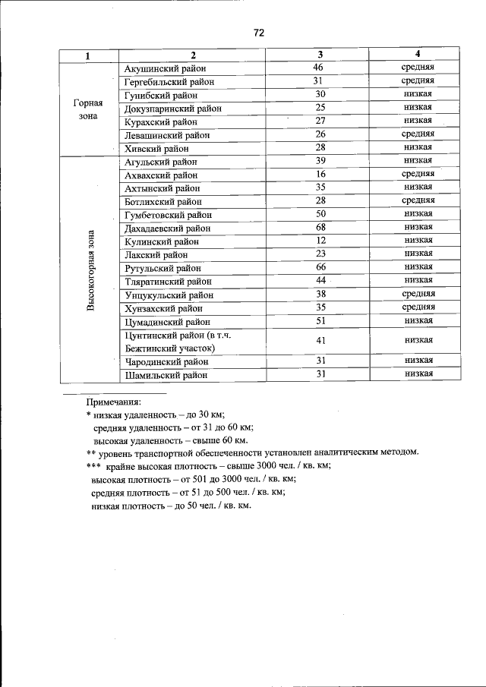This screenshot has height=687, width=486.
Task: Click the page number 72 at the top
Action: point(258,33)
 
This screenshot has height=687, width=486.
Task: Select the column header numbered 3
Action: point(320,55)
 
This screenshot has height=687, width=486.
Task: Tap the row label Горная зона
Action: point(88,109)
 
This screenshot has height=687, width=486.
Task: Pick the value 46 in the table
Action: point(320,68)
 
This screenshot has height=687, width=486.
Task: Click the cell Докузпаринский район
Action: point(172,109)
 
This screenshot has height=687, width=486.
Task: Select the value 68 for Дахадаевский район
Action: point(320,228)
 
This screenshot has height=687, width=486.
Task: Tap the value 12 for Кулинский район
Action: point(320,241)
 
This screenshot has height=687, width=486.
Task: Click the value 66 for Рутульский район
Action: point(320,267)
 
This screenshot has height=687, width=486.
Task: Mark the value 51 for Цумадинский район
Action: point(320,321)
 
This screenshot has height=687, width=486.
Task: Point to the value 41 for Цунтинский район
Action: point(320,341)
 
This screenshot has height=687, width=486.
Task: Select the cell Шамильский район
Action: point(166,375)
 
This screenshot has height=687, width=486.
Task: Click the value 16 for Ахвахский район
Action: point(320,174)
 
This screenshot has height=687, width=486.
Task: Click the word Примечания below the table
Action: point(115,401)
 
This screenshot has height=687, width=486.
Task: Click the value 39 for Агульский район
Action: point(320,161)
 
